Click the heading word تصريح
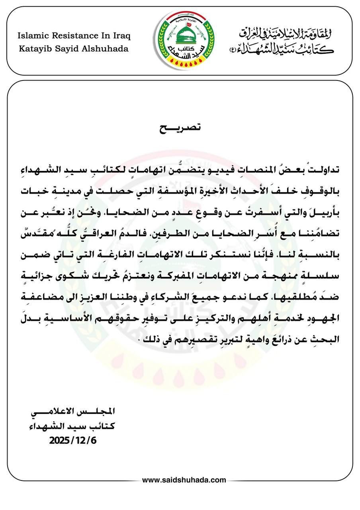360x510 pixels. tap(180, 128)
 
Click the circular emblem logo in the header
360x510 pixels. tap(184, 41)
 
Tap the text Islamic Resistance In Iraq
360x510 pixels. tap(74, 36)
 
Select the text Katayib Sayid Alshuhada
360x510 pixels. tap(74, 49)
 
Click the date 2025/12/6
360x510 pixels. tap(73, 441)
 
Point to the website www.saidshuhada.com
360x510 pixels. tap(184, 480)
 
